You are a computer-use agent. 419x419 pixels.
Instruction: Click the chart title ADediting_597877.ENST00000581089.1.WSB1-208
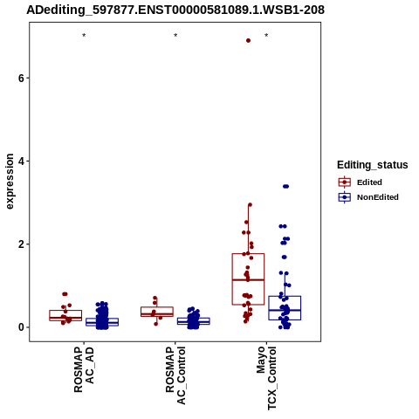pyautogui.click(x=175, y=10)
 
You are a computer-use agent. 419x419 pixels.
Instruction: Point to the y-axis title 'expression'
pyautogui.click(x=10, y=182)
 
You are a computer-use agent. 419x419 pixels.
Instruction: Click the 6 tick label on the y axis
pyautogui.click(x=21, y=78)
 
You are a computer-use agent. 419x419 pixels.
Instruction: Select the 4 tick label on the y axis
pyautogui.click(x=21, y=161)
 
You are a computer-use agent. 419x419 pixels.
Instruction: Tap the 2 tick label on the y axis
pyautogui.click(x=21, y=244)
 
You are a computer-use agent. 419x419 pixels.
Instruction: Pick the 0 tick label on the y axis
pyautogui.click(x=21, y=327)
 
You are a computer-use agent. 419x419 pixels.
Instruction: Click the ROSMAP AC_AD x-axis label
pyautogui.click(x=85, y=369)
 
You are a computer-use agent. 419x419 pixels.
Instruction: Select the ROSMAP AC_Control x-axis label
pyautogui.click(x=175, y=375)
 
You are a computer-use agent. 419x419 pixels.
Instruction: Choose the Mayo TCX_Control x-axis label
pyautogui.click(x=266, y=378)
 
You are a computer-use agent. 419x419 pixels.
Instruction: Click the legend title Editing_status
pyautogui.click(x=373, y=165)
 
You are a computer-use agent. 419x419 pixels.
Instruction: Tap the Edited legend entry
pyautogui.click(x=360, y=182)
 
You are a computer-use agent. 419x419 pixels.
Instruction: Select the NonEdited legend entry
pyautogui.click(x=368, y=197)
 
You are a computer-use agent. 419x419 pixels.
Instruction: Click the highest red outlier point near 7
pyautogui.click(x=248, y=41)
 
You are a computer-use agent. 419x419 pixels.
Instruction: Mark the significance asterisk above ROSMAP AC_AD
pyautogui.click(x=84, y=36)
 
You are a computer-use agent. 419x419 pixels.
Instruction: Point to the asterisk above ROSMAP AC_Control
pyautogui.click(x=175, y=36)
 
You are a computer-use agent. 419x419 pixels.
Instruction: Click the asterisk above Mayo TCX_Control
pyautogui.click(x=266, y=36)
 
